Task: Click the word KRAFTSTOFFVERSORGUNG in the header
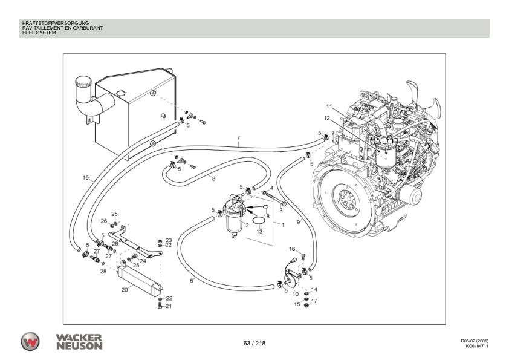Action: pos(56,23)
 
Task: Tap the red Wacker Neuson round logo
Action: pos(30,341)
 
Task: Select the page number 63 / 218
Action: pos(254,344)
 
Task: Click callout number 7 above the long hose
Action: pos(239,138)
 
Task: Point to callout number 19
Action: pos(86,178)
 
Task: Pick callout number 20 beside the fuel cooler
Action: pos(125,290)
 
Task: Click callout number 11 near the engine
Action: pos(329,106)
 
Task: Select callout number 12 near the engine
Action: pos(326,118)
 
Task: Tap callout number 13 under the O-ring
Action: pos(259,232)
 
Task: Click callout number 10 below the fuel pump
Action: pos(296,295)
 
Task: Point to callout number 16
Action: pos(292,249)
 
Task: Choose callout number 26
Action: pos(104,221)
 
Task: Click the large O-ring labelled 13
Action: pos(259,221)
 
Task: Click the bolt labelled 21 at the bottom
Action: pos(160,306)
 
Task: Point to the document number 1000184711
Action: pos(476,346)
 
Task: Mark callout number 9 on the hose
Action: pos(298,223)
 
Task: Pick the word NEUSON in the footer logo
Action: pos(80,345)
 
